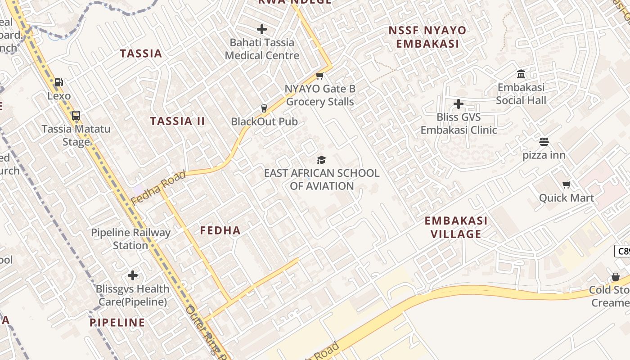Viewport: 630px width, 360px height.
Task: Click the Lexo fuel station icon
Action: click(x=58, y=82)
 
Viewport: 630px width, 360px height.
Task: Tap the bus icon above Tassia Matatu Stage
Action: click(x=76, y=116)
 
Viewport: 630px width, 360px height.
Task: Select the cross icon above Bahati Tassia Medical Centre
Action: click(x=262, y=30)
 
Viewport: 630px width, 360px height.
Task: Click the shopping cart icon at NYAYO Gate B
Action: click(x=320, y=76)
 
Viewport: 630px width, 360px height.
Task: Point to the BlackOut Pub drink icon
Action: click(x=264, y=108)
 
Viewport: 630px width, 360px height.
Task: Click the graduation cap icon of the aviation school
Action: click(x=321, y=160)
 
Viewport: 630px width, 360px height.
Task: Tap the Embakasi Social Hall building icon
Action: click(x=521, y=74)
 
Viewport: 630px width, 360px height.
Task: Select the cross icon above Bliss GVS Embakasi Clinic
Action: click(x=459, y=104)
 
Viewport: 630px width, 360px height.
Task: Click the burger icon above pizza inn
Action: click(x=544, y=142)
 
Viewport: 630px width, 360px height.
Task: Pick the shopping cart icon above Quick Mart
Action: click(x=567, y=184)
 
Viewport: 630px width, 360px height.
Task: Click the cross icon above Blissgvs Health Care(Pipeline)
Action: click(x=133, y=275)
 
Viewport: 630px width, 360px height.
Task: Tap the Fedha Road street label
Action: click(x=158, y=188)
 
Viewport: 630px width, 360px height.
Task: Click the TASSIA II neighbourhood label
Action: click(x=177, y=121)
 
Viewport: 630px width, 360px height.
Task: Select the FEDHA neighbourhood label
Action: click(x=220, y=231)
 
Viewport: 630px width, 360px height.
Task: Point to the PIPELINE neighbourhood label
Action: click(x=117, y=323)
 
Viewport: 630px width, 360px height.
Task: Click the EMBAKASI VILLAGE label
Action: click(x=456, y=227)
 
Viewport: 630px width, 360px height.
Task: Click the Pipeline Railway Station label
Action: click(x=130, y=239)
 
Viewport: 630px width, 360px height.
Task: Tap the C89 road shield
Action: click(x=623, y=251)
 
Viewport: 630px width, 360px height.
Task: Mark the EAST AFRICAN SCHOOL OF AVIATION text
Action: click(x=322, y=180)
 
